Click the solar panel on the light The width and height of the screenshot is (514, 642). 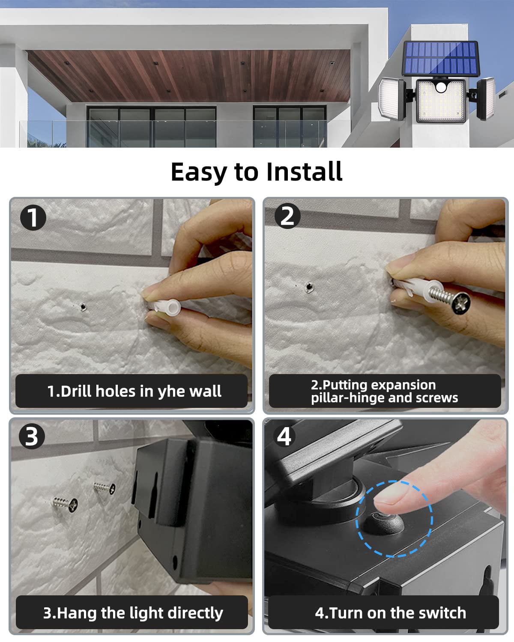coord(441,59)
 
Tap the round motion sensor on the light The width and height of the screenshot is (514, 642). coord(441,87)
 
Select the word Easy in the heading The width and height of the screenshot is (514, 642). coord(199,173)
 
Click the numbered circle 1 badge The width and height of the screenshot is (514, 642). coord(33,217)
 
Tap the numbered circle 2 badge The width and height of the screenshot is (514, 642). coord(287,216)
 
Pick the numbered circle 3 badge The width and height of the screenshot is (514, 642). coord(32,437)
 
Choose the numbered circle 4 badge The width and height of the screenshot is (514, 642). coord(284,436)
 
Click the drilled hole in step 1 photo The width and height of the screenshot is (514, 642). coord(83,306)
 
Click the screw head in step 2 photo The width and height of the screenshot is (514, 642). coord(461,303)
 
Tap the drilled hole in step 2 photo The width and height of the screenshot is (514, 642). coord(309,287)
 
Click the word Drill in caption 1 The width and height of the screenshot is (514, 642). coord(76,391)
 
